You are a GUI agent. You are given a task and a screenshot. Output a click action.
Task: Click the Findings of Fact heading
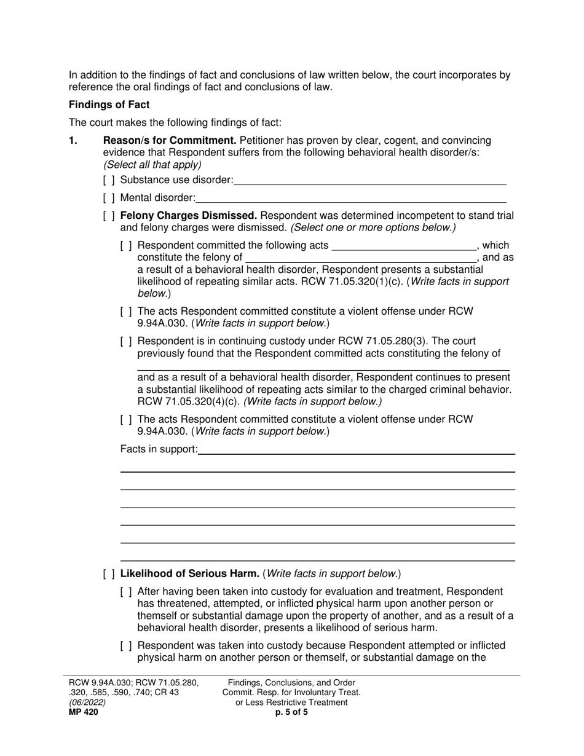click(109, 104)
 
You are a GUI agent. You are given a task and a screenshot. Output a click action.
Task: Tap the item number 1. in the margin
click(73, 141)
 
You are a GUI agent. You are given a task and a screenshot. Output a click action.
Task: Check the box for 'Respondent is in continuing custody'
click(126, 341)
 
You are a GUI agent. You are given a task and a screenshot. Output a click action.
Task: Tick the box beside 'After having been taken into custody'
click(126, 592)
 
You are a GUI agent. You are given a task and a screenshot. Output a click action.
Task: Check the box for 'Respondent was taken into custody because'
click(126, 646)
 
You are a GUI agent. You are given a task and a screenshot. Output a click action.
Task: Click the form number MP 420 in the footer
click(83, 712)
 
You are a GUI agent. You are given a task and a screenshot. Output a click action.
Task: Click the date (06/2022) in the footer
click(87, 703)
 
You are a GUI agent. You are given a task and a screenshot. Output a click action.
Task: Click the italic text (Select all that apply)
click(152, 165)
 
